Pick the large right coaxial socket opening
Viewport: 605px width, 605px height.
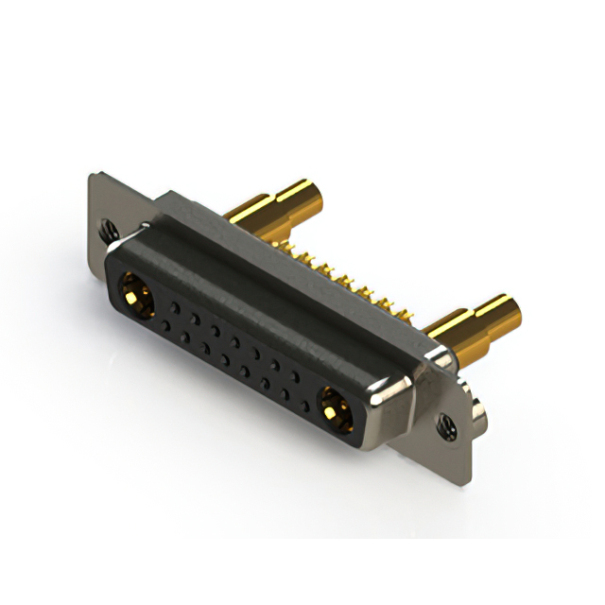[x=334, y=408]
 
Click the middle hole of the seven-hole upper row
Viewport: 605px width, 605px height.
[x=235, y=341]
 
